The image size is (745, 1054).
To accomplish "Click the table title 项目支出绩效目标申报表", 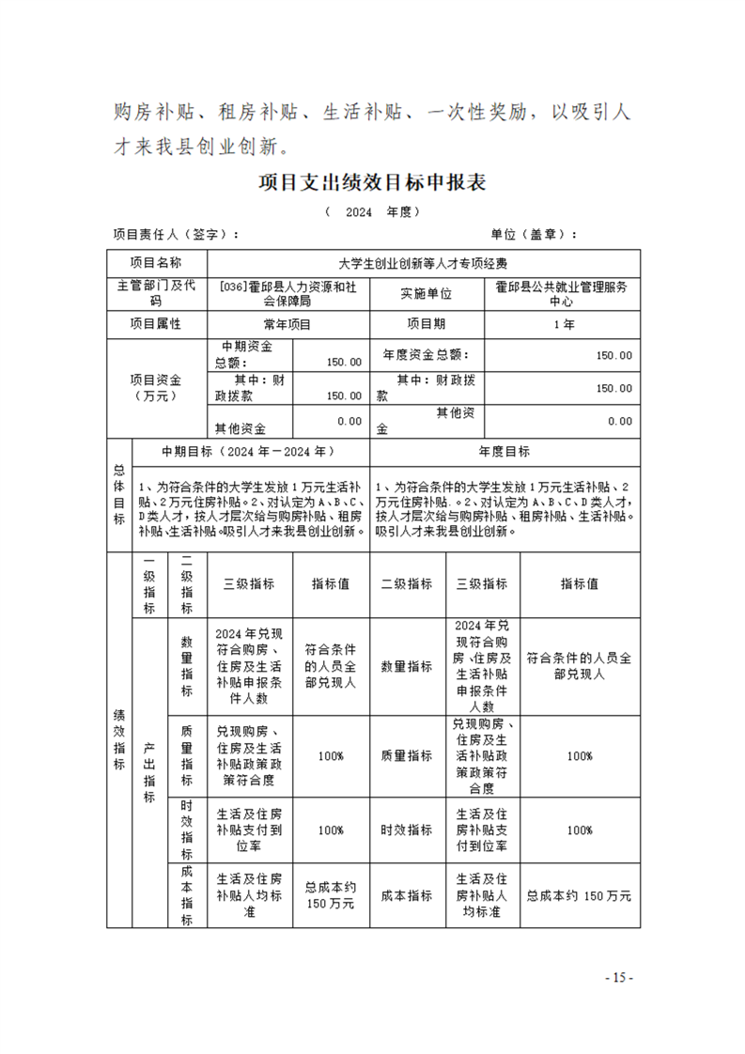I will tap(372, 183).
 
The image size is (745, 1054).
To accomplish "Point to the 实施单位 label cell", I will tap(426, 294).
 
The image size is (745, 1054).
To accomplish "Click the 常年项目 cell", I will tap(287, 324).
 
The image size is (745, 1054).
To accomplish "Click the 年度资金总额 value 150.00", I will tap(613, 356).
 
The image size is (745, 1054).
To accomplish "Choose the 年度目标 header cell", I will tap(504, 451).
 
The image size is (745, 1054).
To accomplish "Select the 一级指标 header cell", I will tap(148, 583).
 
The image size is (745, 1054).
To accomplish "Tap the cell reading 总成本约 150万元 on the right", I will tap(579, 895).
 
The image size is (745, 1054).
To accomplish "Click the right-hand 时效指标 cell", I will tap(406, 830).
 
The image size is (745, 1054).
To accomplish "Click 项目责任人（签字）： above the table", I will tap(175, 235).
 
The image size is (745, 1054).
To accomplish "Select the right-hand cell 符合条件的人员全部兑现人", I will tap(579, 666).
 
